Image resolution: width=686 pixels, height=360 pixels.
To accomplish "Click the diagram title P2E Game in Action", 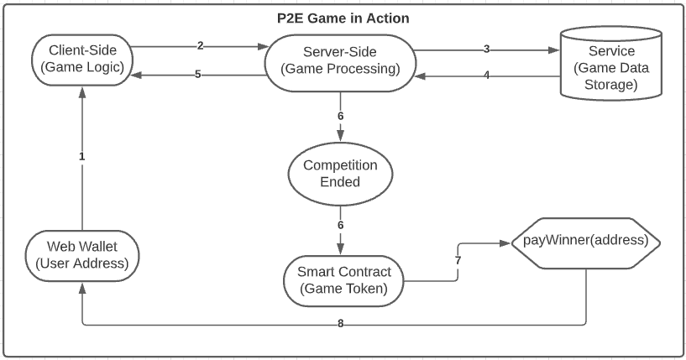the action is (343, 18).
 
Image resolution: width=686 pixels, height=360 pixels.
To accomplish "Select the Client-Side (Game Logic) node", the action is (82, 60).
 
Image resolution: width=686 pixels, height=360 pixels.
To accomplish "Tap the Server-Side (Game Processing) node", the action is (340, 63).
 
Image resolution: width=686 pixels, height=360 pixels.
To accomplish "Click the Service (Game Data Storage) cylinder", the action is (611, 64).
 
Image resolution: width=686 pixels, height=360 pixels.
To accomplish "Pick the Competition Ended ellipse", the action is (340, 174).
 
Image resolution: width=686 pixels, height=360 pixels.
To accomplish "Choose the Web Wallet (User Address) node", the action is (82, 256).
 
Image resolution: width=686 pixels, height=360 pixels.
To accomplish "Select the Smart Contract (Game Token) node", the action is (344, 280).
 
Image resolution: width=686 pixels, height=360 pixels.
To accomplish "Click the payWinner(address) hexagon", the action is (585, 243).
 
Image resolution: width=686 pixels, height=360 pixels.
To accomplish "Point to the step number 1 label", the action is (81, 156).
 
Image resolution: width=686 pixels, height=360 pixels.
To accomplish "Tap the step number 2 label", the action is (201, 45).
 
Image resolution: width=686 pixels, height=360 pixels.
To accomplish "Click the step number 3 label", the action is (486, 49).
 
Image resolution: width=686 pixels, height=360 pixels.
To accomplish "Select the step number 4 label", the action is (486, 76).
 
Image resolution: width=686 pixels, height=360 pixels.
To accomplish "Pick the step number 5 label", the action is (198, 75).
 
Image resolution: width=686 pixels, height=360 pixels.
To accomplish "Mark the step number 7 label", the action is (458, 261).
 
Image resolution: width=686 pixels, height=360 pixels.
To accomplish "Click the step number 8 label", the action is (340, 324).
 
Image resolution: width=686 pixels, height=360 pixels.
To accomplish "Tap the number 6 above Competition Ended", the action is (340, 116).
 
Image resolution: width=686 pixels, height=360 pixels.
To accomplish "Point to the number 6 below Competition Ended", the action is (340, 225).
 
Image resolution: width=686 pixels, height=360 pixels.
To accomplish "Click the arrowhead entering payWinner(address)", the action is (505, 243).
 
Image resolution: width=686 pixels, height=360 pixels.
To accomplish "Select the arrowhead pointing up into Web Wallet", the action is (81, 287).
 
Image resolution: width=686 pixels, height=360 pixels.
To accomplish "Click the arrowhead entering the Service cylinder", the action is (554, 50).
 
